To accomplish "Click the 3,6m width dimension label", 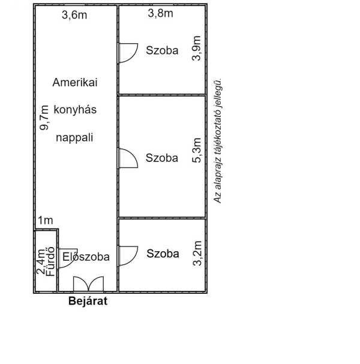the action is (x=74, y=16).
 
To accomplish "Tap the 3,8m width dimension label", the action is (x=160, y=13).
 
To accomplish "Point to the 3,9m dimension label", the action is (x=196, y=49).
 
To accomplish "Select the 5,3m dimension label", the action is (x=196, y=150).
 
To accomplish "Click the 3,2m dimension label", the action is (x=197, y=253).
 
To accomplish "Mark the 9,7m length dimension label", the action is (x=44, y=118).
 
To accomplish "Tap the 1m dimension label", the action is (x=46, y=220).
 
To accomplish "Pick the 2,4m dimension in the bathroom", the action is (x=41, y=261).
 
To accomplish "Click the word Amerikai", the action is (x=75, y=82).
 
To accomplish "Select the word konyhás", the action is (x=75, y=109).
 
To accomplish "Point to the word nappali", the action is (x=74, y=137).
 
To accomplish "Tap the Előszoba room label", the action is (x=86, y=257).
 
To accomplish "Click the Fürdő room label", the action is (x=50, y=261).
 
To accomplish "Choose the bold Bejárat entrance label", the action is (x=88, y=301).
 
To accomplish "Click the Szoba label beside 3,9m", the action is (x=162, y=50).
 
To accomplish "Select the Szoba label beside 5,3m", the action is (x=162, y=158).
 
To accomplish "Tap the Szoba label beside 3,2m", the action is (x=163, y=254).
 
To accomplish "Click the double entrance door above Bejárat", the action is (x=88, y=284).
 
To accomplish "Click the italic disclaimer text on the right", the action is (x=218, y=142).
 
